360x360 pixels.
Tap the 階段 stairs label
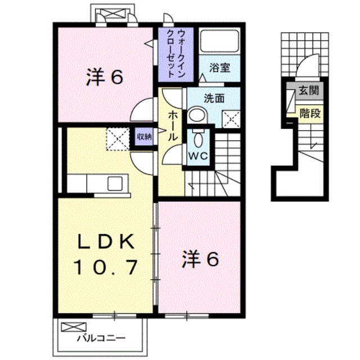(310, 114)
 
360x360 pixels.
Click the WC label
(195, 154)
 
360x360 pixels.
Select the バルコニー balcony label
(101, 339)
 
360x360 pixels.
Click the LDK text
(105, 242)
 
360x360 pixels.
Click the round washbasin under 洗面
(196, 115)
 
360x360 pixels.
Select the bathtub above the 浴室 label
(219, 41)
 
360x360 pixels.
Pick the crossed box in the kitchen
(117, 138)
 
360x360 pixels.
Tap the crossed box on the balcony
(73, 328)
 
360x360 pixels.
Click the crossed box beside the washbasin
(230, 118)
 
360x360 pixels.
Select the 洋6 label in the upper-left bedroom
(105, 78)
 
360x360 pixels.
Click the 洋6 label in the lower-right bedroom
(199, 259)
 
